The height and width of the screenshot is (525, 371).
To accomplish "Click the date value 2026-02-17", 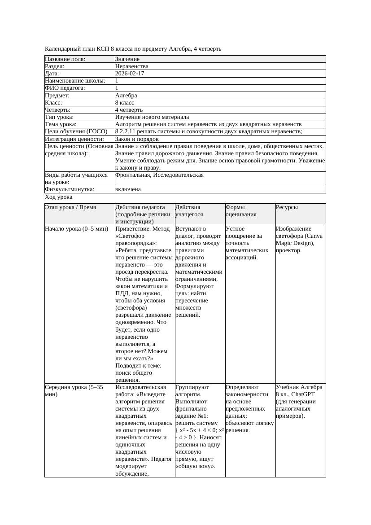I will tap(130, 74).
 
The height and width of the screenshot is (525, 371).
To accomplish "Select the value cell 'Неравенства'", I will tap(131, 66).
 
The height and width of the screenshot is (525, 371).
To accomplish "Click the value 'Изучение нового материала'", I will tap(152, 117).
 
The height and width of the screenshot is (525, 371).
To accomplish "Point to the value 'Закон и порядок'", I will tap(137, 139).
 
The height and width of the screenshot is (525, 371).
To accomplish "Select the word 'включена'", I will tap(128, 189).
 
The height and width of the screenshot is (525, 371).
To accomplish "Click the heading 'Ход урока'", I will tap(59, 197).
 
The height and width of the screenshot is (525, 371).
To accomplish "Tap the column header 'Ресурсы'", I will tap(287, 207).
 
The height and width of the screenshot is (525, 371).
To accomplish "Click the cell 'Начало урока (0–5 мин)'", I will tap(76, 229).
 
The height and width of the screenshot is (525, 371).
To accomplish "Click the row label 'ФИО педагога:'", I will tap(65, 88).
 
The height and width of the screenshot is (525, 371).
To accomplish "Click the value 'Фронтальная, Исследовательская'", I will tap(159, 175).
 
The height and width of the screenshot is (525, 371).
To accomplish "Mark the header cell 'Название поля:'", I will tap(65, 59).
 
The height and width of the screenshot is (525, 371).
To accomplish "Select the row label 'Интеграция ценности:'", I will tap(74, 139).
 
